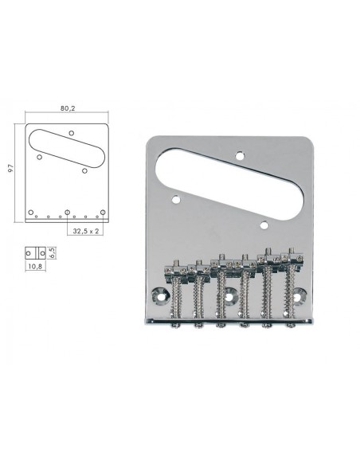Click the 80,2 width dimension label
(68, 108)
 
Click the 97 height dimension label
(11, 169)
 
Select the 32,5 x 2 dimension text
(86, 231)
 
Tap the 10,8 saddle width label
(35, 266)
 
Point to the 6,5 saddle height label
(53, 252)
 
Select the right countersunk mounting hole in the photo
(299, 295)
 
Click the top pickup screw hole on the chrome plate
(241, 155)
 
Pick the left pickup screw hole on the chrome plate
(176, 199)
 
